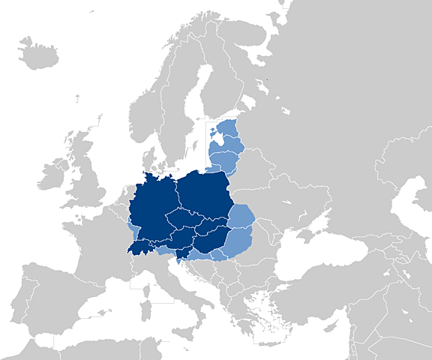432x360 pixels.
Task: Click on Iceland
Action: point(38,54)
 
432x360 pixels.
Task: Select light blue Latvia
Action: point(229,142)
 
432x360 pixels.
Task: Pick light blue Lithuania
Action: point(223,160)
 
